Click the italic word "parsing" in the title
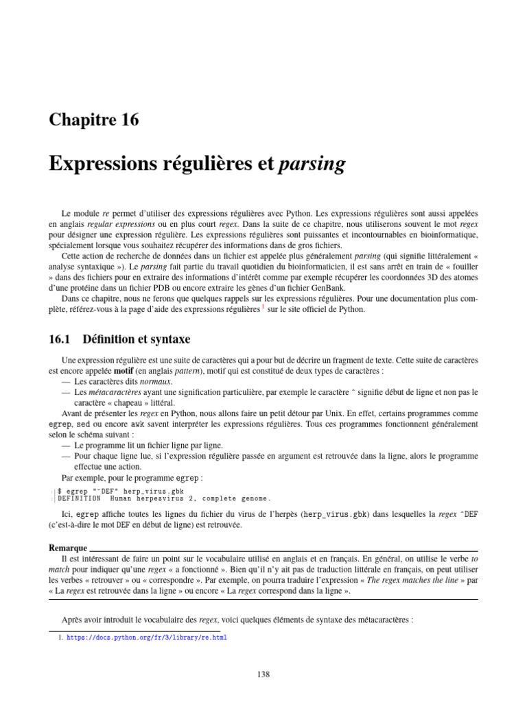coord(312,165)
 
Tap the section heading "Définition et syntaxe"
coord(136,339)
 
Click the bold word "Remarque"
coord(68,548)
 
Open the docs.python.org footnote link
coord(146,637)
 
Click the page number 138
coord(263,674)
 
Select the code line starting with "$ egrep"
coord(121,491)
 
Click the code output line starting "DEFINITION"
coord(164,498)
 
